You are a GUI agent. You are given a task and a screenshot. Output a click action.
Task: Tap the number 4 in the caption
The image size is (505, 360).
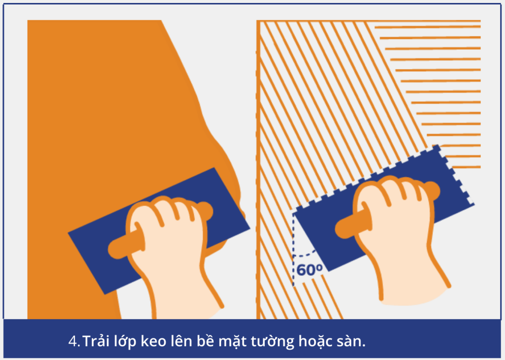pyautogui.click(x=72, y=341)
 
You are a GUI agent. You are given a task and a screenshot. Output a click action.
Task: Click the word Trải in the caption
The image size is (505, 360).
pyautogui.click(x=96, y=341)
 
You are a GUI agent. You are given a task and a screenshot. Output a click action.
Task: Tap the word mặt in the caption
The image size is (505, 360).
pyautogui.click(x=232, y=341)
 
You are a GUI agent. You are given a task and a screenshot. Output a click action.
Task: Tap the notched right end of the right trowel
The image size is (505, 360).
pyautogui.click(x=454, y=174)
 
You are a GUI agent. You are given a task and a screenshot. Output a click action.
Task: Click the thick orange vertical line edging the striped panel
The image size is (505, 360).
pyautogui.click(x=258, y=170)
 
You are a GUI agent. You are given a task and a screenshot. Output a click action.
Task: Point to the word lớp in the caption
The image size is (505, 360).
pyautogui.click(x=125, y=341)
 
